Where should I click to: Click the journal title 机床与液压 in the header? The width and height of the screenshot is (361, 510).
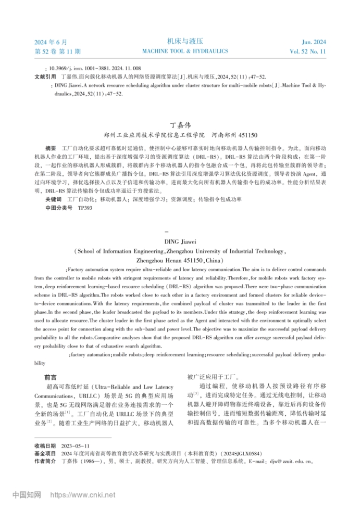click(185, 41)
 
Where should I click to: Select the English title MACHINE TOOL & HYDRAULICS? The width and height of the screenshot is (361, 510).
click(185, 52)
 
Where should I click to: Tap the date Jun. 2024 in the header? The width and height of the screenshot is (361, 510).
click(314, 42)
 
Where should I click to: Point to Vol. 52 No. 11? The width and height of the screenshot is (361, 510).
click(308, 52)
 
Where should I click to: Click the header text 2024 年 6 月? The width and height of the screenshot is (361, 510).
click(51, 42)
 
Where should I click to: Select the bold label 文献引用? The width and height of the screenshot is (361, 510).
click(44, 76)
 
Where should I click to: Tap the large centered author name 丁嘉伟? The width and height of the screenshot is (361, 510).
click(181, 125)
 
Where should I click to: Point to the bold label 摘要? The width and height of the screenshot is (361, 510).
click(51, 148)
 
